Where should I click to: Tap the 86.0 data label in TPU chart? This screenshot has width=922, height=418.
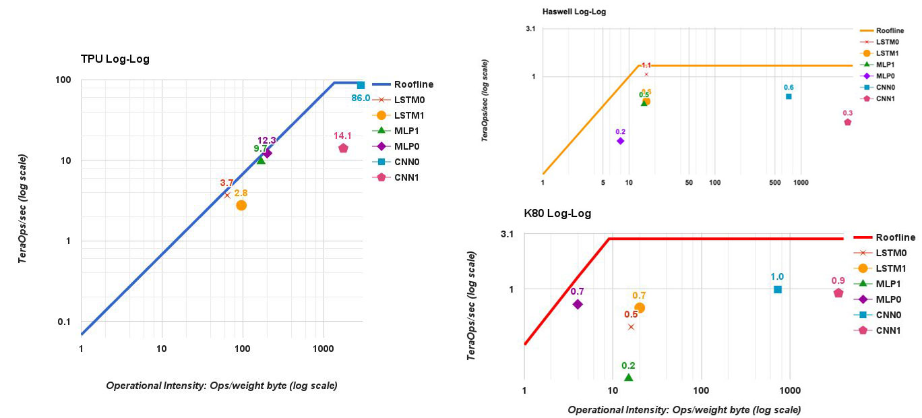(361, 98)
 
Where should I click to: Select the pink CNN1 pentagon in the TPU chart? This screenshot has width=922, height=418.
(343, 148)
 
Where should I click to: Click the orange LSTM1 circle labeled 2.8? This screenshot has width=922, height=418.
(241, 205)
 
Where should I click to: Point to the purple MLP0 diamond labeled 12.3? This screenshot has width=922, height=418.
(268, 153)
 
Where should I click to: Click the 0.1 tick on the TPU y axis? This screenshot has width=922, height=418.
(64, 322)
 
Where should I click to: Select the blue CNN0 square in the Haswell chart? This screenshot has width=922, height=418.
(789, 96)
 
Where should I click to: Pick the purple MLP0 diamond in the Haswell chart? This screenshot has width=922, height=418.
(620, 141)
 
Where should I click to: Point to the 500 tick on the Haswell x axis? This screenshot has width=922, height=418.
(775, 183)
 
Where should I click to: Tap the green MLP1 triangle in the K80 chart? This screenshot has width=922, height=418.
(629, 378)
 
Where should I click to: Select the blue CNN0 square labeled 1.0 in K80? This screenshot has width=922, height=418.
(778, 289)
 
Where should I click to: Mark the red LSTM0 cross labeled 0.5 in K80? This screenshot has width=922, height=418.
(631, 327)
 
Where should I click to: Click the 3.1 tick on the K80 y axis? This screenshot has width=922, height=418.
(508, 235)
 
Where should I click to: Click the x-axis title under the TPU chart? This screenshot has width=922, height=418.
(222, 386)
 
